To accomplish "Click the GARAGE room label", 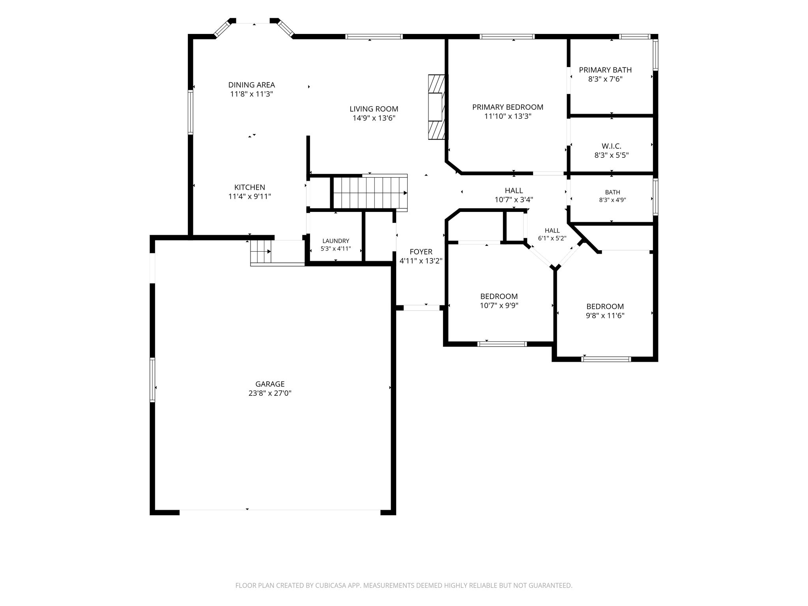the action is point(270,384).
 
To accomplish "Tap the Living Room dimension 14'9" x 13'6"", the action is point(374,118).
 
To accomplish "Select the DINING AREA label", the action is point(252,85).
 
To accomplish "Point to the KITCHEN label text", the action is point(250,187).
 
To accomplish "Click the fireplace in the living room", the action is point(436,107).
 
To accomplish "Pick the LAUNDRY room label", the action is point(336,241).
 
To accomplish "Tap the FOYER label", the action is point(421,252).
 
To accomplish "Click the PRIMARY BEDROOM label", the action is point(508,107).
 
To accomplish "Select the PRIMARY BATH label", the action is point(605,70).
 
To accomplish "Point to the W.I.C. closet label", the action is point(612,146).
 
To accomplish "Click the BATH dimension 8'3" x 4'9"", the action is point(612,200).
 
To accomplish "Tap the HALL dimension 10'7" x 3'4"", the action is point(514,200).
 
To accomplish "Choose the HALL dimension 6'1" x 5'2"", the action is point(552,238).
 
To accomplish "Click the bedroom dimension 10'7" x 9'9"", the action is point(499,305).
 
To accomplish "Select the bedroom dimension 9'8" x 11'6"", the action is point(605,316).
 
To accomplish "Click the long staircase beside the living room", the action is point(370,193).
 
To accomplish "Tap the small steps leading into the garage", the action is point(261,252).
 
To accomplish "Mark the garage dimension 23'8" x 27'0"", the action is point(270,393).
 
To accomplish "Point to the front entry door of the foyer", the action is point(422,308).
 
